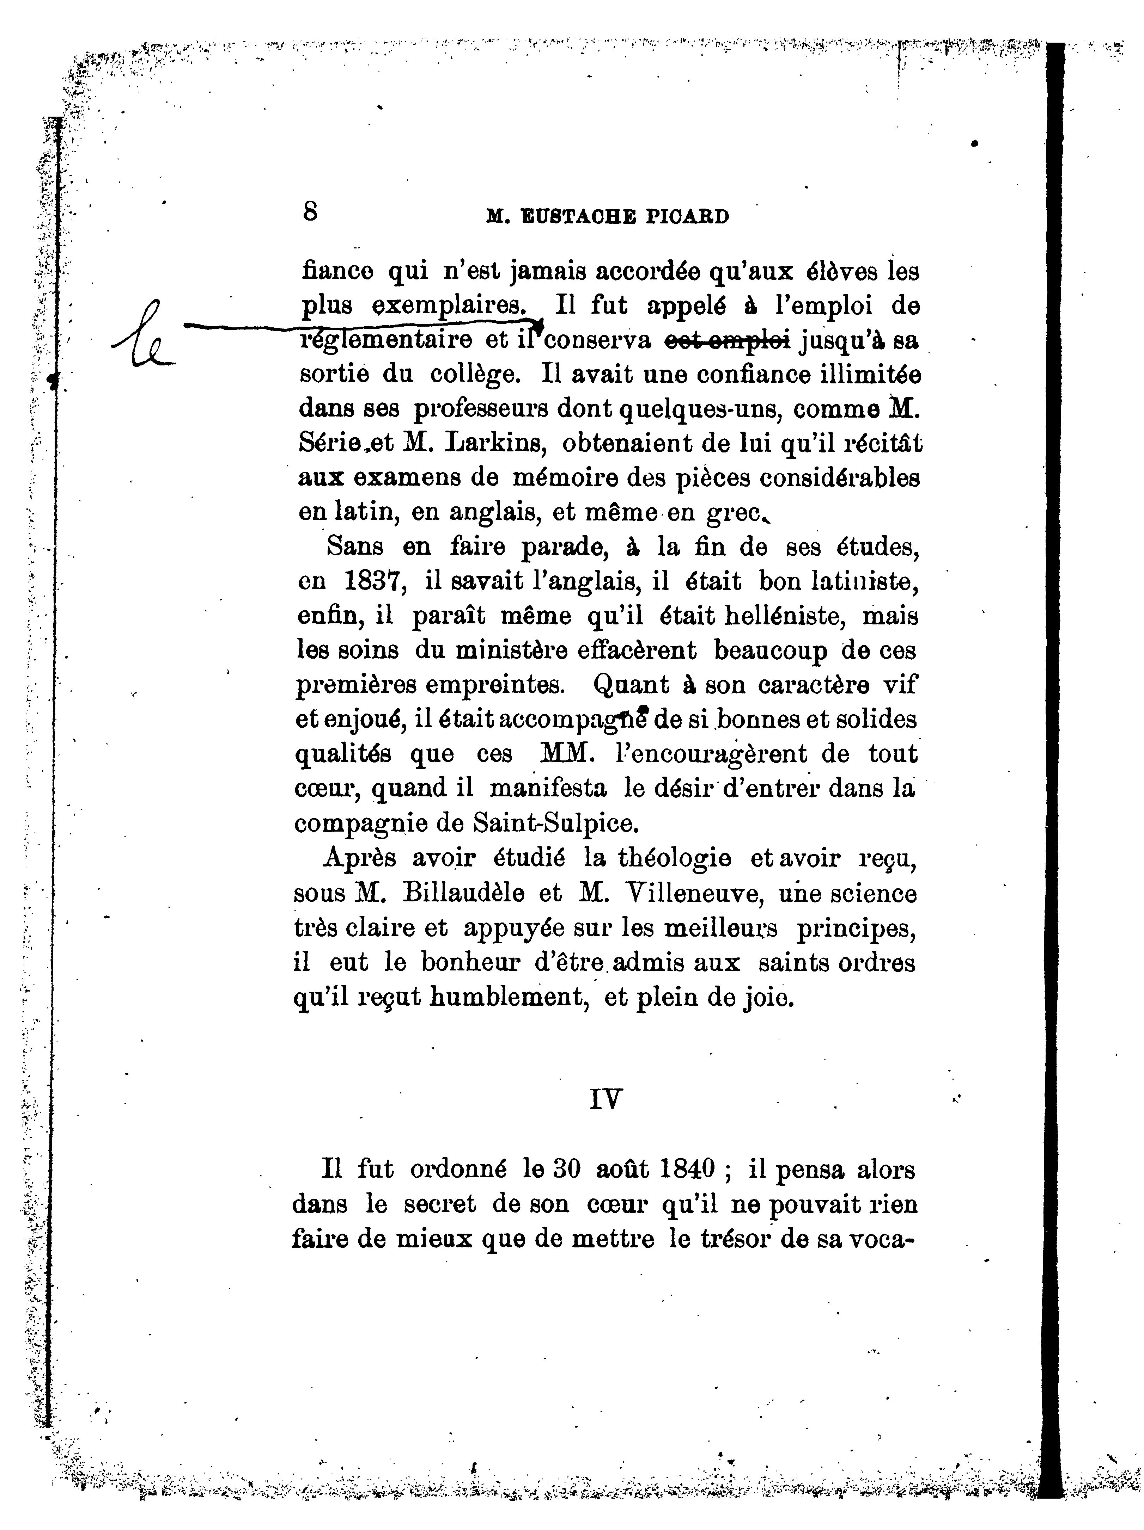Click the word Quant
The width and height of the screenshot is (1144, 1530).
[x=631, y=685]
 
